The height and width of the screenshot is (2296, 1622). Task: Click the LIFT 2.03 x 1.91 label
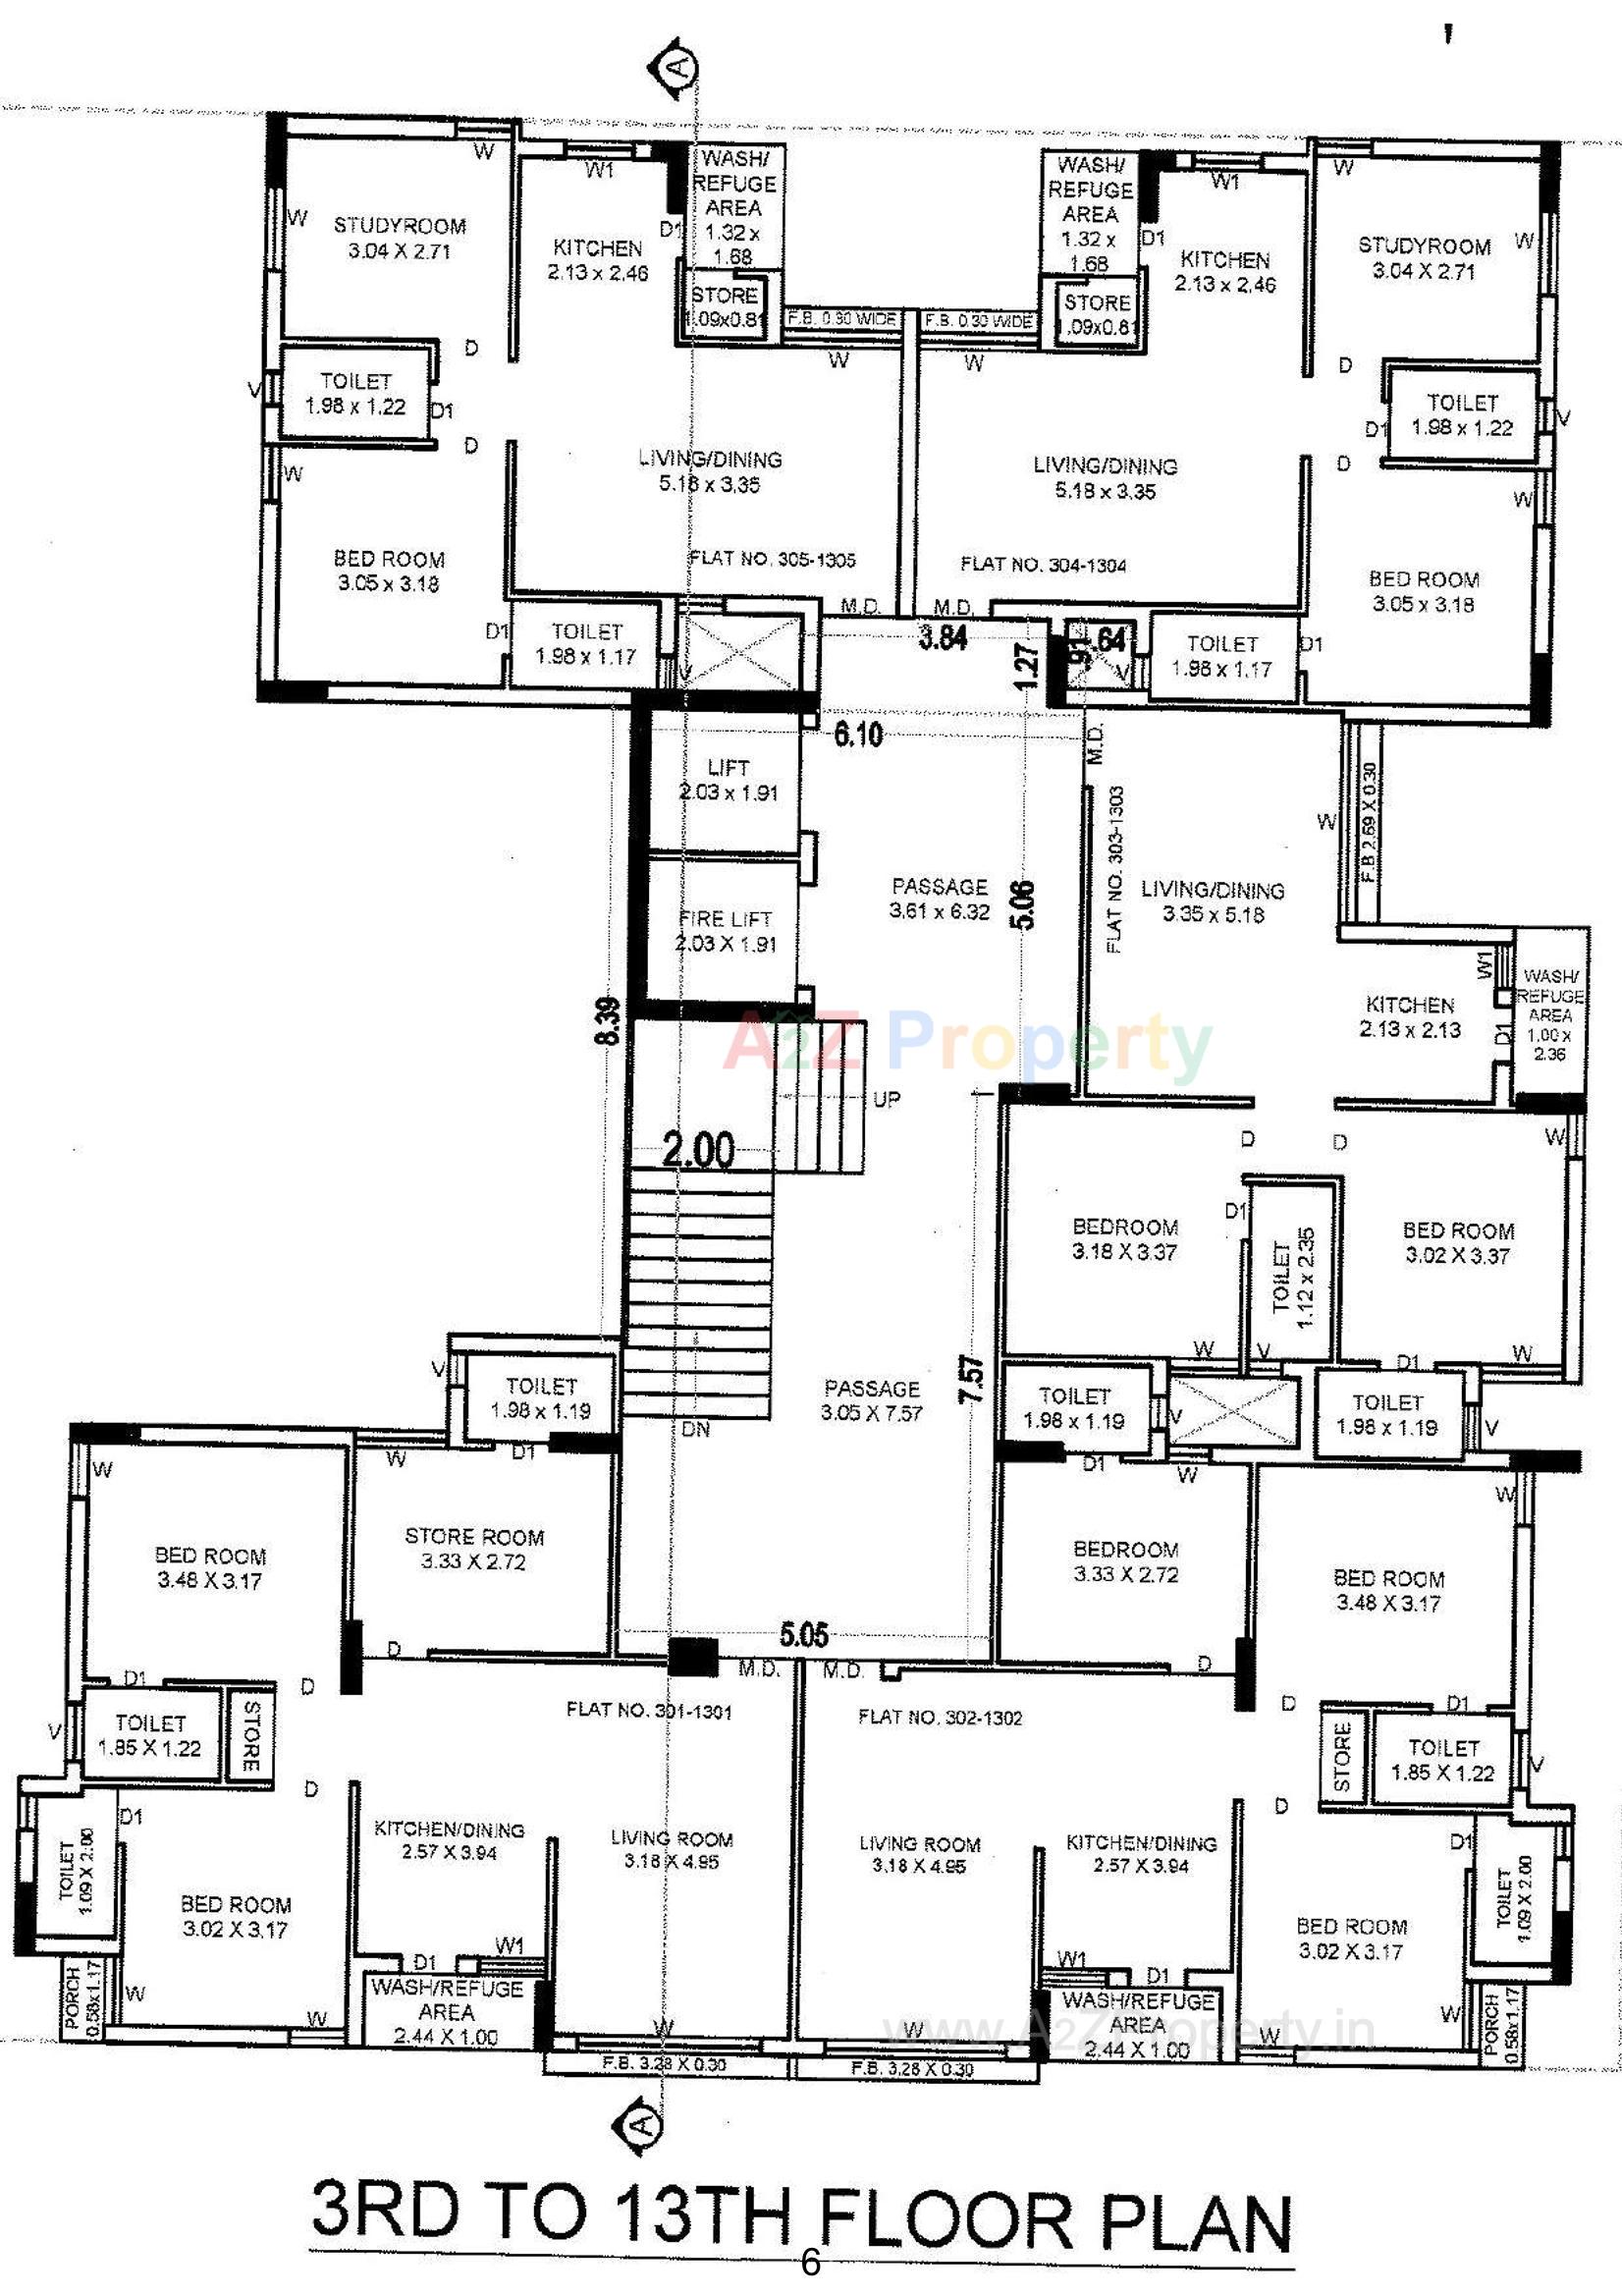pos(727,780)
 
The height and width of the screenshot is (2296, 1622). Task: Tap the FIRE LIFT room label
pos(725,931)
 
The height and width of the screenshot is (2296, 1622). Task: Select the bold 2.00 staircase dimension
pos(698,1150)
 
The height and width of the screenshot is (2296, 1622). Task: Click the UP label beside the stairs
pos(886,1099)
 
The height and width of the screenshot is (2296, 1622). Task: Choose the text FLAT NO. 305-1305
pos(772,560)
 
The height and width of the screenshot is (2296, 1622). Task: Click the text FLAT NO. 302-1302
pos(940,1718)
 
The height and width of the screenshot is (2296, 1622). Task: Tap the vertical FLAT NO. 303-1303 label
pos(1116,869)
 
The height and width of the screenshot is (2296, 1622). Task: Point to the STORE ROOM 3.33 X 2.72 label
pos(474,1549)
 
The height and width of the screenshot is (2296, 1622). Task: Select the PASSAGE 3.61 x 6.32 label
pos(939,898)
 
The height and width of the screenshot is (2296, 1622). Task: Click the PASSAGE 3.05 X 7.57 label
pos(872,1400)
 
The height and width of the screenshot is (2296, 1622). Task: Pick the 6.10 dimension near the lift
pos(858,735)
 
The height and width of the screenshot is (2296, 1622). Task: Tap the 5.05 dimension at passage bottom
pos(804,1635)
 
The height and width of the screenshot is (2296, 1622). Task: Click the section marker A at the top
pos(678,69)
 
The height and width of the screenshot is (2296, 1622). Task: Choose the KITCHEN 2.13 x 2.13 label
pos(1410,1016)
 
